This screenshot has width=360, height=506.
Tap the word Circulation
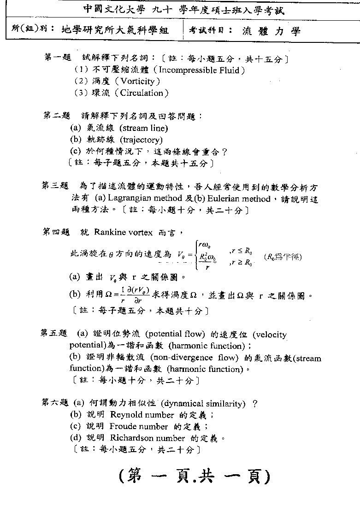point(142,93)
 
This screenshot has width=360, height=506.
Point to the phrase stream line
point(144,128)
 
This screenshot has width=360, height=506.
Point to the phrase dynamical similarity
point(205,404)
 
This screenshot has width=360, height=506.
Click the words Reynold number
point(142,415)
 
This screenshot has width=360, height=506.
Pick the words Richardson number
point(148,438)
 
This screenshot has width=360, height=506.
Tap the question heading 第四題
point(56,232)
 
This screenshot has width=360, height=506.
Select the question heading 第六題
point(55,403)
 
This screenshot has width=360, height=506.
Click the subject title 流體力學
point(271,31)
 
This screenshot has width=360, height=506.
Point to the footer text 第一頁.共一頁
point(194,475)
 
